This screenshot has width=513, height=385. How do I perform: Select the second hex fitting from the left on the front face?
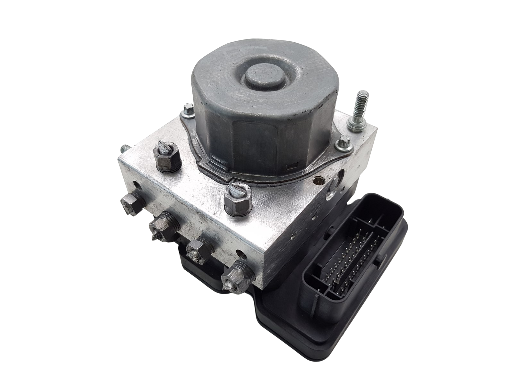pos(162,226)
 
